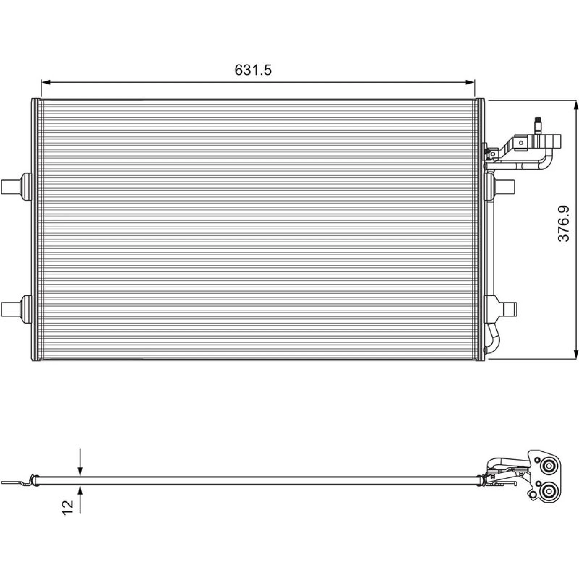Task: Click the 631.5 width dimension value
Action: point(253,70)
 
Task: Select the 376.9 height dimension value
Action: point(563,223)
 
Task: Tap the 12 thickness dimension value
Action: point(68,507)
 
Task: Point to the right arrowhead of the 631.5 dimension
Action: point(469,83)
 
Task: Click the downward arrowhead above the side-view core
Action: point(80,470)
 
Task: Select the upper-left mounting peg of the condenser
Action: point(16,186)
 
